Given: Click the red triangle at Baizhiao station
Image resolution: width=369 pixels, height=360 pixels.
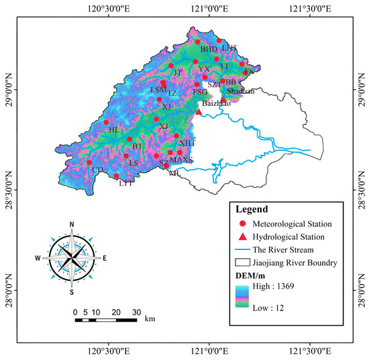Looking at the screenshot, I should (x=199, y=112).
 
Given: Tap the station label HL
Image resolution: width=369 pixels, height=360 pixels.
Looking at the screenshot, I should (x=113, y=129).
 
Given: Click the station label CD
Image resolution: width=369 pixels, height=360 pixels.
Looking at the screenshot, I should (x=97, y=170).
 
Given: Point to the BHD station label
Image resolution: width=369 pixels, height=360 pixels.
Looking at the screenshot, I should (x=209, y=49).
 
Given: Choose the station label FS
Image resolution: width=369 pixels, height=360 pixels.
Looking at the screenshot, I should (x=249, y=71).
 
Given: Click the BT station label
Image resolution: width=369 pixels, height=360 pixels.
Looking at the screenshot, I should (x=138, y=146).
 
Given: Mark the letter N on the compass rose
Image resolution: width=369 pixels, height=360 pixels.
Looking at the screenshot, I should (x=72, y=224).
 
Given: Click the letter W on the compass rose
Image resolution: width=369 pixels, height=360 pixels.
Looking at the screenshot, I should (x=38, y=258).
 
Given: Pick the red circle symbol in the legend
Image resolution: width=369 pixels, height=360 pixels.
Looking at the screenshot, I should (x=243, y=223).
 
